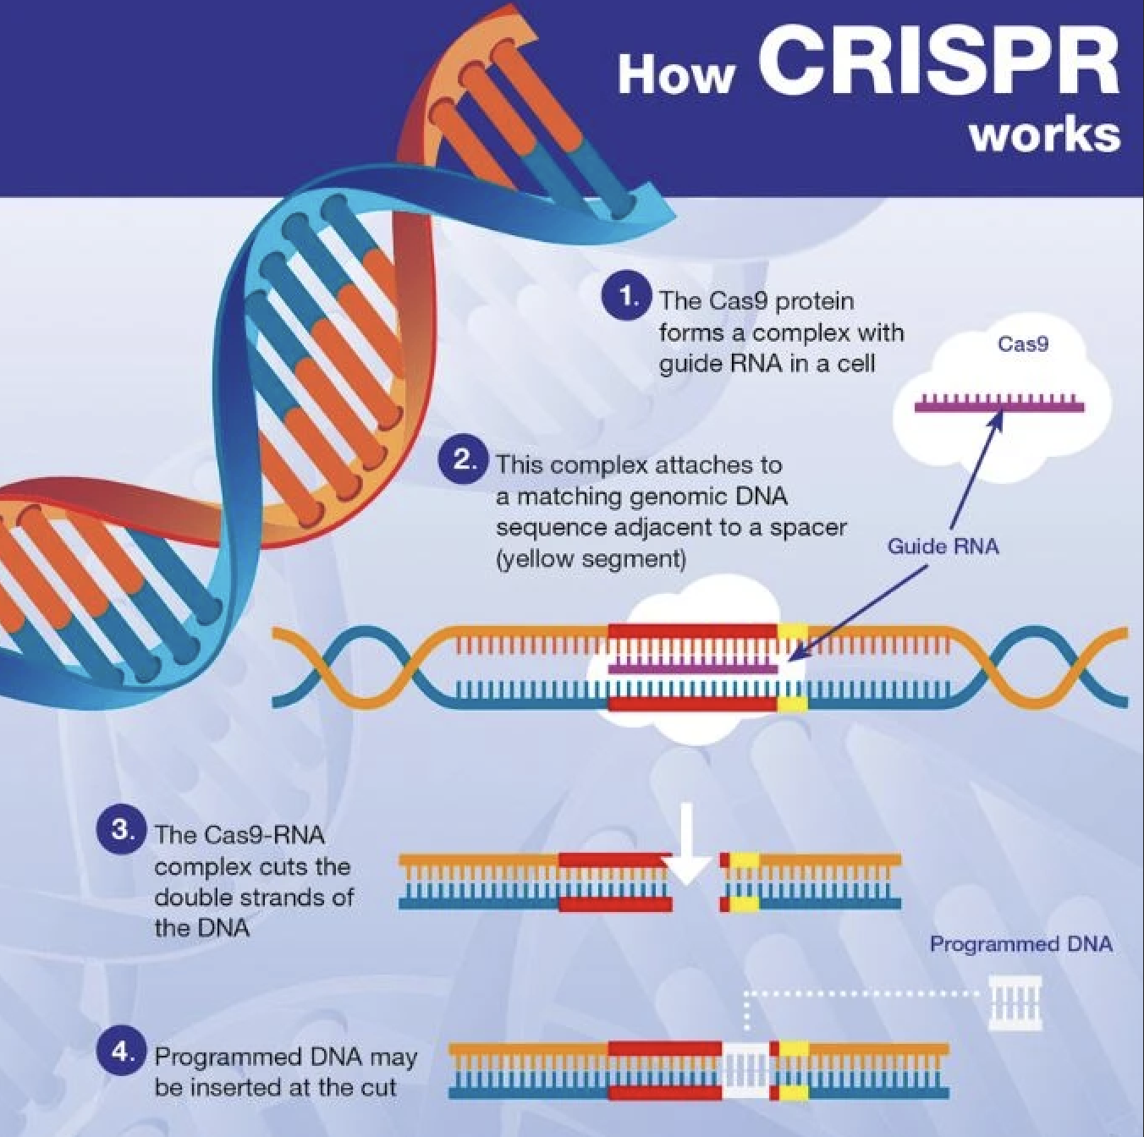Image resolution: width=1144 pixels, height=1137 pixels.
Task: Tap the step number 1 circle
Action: (626, 297)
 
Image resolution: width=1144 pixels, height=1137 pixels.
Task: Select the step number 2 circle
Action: (463, 460)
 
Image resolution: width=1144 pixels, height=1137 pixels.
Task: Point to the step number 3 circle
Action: (121, 830)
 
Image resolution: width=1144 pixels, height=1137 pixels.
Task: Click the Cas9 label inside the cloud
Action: (1022, 343)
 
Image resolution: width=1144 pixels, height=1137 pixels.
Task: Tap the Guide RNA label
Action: (943, 546)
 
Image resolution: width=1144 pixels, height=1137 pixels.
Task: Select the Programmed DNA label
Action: (1020, 943)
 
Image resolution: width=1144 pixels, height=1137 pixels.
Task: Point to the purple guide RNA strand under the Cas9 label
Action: (998, 405)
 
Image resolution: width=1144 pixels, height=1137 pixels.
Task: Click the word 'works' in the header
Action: (1045, 135)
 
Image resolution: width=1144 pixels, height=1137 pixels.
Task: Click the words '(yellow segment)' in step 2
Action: (591, 559)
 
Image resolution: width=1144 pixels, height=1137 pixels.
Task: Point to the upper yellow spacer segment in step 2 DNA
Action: (793, 631)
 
